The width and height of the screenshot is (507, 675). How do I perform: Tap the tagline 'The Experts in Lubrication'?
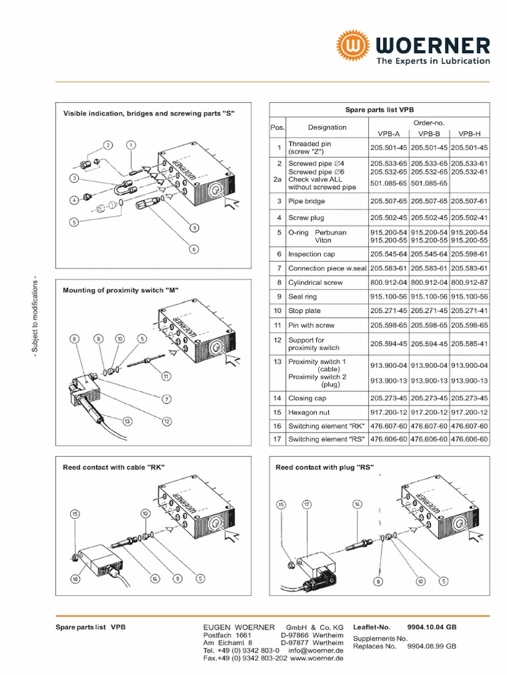pos(433,61)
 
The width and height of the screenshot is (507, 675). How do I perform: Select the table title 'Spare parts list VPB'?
pos(380,110)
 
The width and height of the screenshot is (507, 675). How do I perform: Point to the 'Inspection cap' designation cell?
pos(312,254)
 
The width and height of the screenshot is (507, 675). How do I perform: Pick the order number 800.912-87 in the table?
pos(470,282)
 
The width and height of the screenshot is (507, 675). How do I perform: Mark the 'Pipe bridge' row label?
pos(306,201)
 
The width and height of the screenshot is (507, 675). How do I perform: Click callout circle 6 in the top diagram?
pos(194,249)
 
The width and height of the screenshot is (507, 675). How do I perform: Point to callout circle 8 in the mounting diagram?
pos(75,339)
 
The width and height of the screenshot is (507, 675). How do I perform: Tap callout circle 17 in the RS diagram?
pos(307,504)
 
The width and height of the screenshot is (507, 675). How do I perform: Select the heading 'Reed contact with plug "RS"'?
pos(324,467)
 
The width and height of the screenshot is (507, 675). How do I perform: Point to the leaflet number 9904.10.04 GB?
pos(432,628)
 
